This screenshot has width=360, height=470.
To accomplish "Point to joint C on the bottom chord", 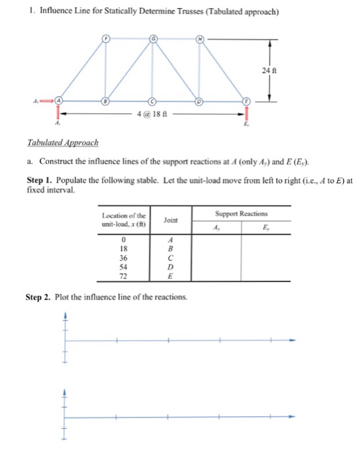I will [153, 101].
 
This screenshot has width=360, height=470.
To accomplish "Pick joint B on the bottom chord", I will [105, 101].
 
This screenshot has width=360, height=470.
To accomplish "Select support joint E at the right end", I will [246, 101].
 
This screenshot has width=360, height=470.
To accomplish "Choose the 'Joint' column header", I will [171, 220].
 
